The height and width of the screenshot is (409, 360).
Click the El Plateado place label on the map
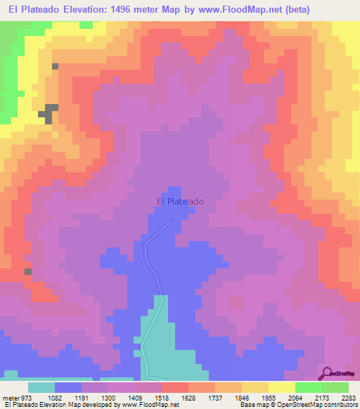pyautogui.click(x=180, y=202)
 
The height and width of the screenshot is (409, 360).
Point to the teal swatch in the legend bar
pyautogui.click(x=41, y=387)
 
